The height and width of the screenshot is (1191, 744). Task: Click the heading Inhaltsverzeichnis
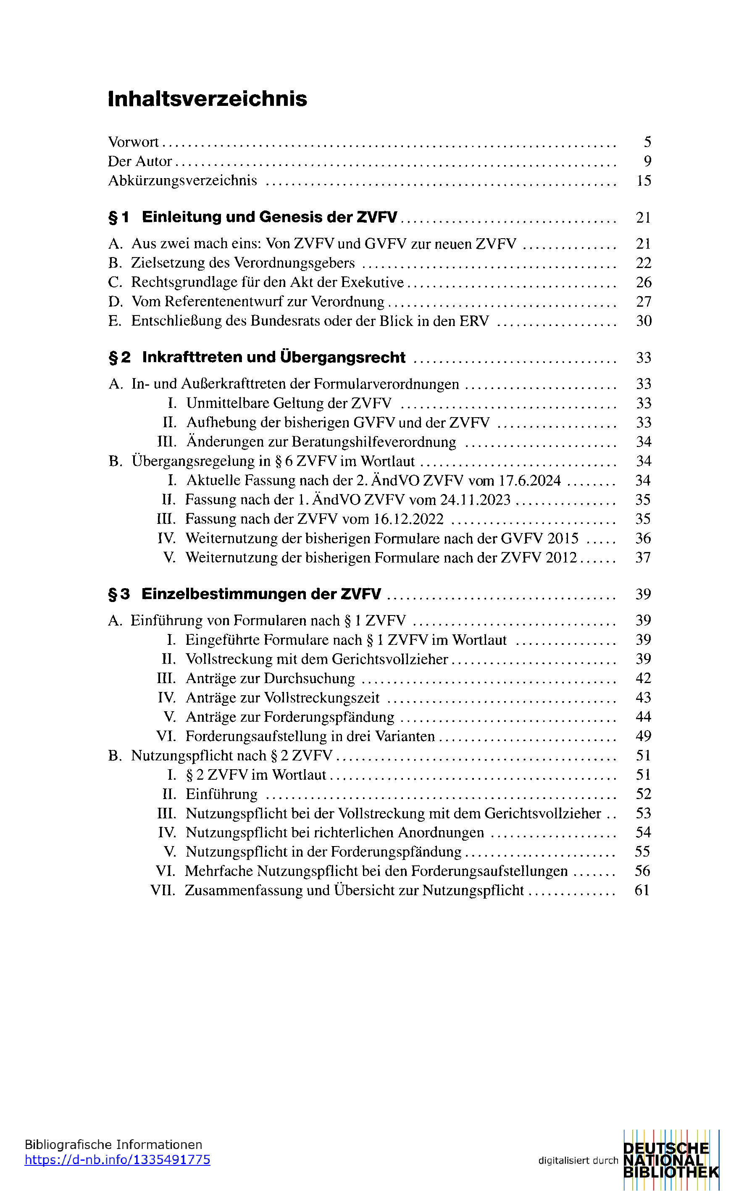207,99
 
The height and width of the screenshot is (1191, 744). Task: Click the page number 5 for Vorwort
647,142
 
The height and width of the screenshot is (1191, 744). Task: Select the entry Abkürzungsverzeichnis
183,181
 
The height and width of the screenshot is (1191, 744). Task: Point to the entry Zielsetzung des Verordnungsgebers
242,263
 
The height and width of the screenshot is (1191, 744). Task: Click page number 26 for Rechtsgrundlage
643,282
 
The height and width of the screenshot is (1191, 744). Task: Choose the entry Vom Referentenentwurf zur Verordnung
258,302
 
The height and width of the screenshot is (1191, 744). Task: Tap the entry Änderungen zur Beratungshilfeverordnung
321,442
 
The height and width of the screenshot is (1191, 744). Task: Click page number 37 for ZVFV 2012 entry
643,557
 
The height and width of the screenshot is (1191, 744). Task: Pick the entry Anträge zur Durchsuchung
270,678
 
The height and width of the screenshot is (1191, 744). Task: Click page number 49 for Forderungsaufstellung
643,736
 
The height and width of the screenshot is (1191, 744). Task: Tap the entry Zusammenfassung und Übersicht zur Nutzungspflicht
354,891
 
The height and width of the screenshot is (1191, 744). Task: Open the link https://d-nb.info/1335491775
117,1159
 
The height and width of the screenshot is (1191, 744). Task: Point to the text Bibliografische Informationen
113,1145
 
